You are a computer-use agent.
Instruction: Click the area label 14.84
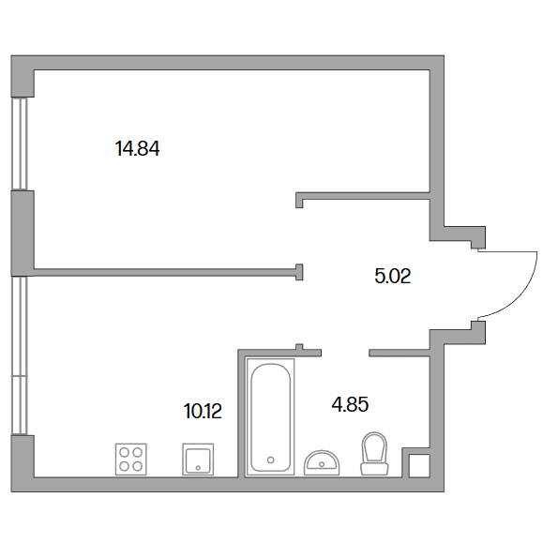tap(137, 149)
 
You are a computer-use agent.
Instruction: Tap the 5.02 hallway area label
tap(393, 277)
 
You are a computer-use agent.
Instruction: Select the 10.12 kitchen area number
tap(203, 412)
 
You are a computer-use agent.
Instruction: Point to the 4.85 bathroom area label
tap(350, 404)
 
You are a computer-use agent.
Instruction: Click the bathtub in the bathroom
tap(270, 417)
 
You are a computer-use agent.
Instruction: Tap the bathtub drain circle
tap(271, 460)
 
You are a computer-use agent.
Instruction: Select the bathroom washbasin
tap(322, 463)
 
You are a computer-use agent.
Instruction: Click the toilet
tap(374, 454)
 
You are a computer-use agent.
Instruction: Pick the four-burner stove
tap(131, 460)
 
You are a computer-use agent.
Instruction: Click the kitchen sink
tap(198, 460)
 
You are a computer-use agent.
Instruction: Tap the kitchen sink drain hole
tap(198, 468)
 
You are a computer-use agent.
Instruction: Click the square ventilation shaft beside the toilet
tap(419, 466)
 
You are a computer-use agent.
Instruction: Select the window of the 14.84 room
tap(20, 143)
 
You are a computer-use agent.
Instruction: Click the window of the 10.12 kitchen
tap(20, 355)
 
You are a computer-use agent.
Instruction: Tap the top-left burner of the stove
tap(125, 453)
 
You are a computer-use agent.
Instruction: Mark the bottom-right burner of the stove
tap(138, 466)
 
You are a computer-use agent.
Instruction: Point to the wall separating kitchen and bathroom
tap(241, 414)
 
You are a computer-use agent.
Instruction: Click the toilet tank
tap(374, 469)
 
